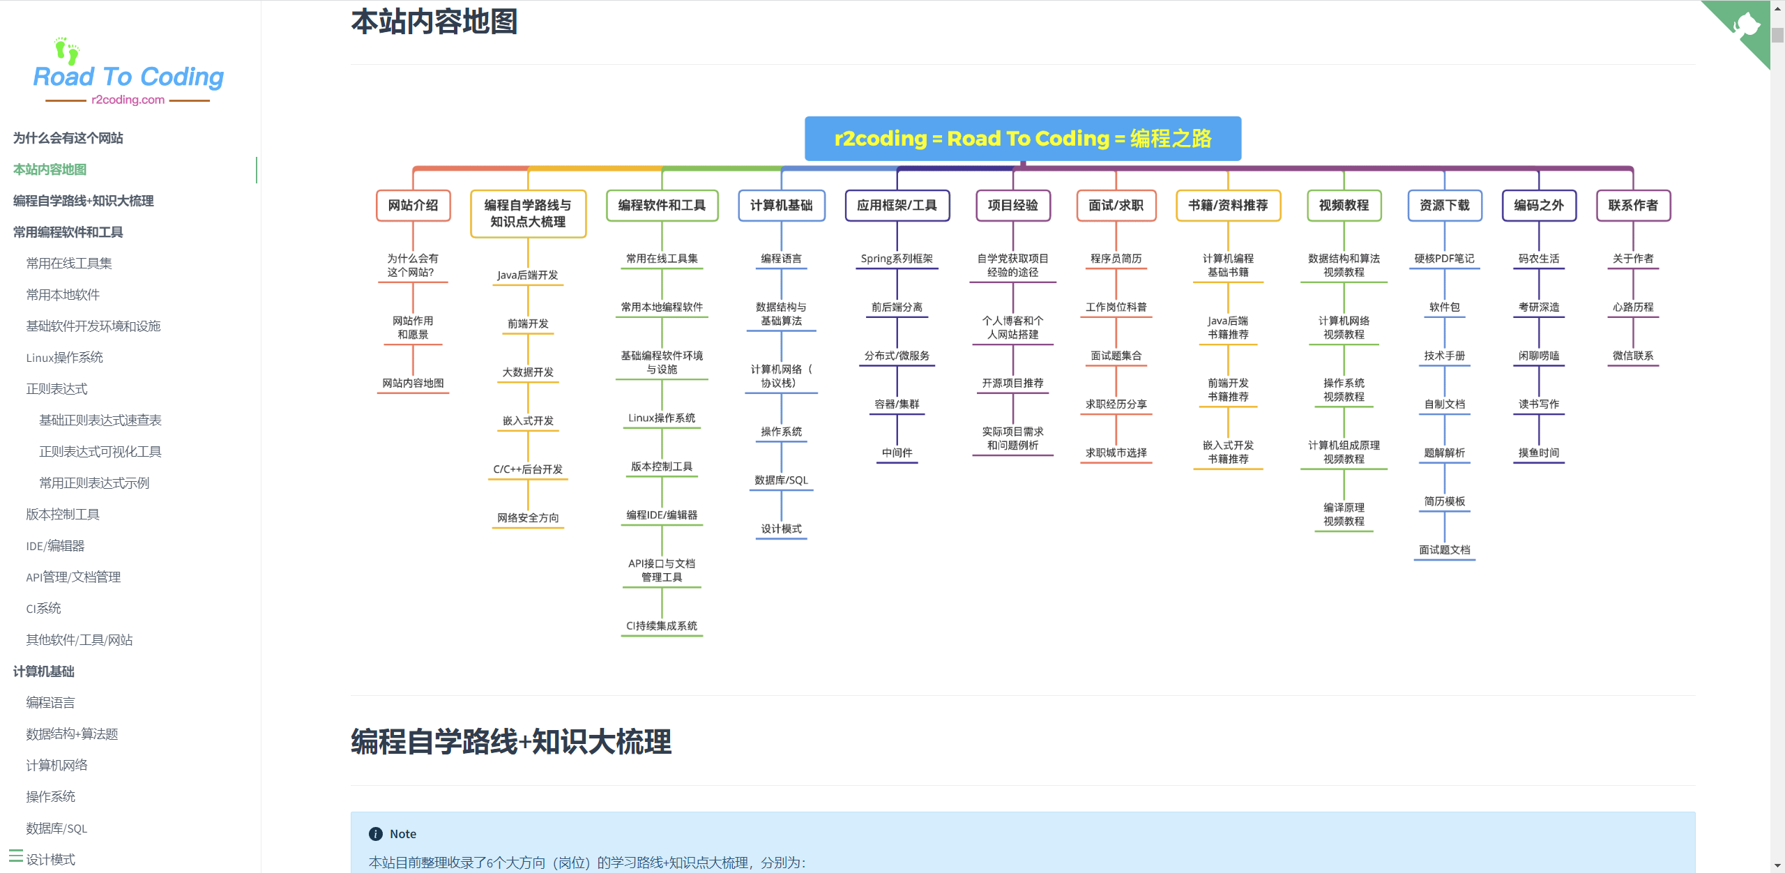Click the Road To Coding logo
128,74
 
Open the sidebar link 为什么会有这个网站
68,138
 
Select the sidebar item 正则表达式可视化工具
100,452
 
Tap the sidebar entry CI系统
44,609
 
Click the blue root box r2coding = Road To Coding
1022,139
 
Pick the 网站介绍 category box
413,206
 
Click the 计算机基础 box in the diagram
781,206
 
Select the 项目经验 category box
1012,206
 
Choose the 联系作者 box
1633,206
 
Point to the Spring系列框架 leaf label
897,259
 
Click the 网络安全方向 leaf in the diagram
528,518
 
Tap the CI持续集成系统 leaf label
662,626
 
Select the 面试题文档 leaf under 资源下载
1444,550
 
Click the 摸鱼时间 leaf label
1539,453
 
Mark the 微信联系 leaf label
1633,356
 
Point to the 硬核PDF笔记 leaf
1444,259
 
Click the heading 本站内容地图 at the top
434,22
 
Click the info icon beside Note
376,834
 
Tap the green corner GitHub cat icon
1746,26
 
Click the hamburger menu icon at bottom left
15,856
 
